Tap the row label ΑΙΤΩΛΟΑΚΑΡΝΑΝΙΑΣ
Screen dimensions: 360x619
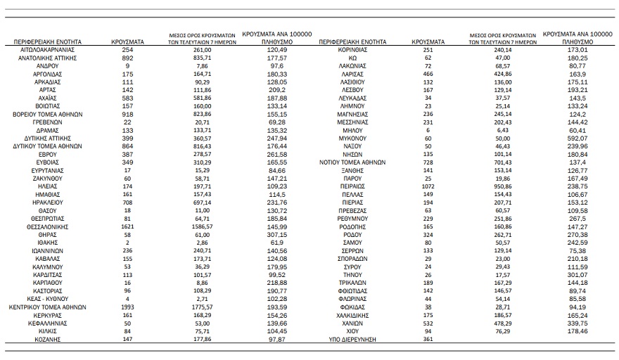coord(47,51)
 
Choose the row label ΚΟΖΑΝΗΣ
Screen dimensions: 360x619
coord(47,339)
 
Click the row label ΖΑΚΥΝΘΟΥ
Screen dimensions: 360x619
coord(47,179)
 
